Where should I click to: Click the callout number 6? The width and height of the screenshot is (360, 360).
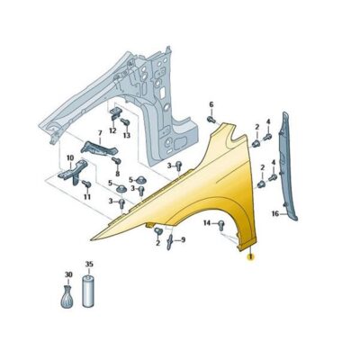tap(211, 104)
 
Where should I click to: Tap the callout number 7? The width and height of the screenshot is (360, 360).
tap(100, 132)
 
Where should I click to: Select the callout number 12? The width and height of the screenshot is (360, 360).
tap(112, 130)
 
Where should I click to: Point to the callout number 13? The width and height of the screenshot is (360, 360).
tap(127, 136)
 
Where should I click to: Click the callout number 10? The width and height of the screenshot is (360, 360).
tap(70, 157)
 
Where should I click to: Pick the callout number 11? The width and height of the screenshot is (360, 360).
tap(87, 197)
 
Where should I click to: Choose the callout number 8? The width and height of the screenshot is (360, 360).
tap(117, 174)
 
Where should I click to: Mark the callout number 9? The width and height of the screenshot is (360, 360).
tap(183, 239)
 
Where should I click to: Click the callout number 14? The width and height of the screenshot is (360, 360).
tap(207, 223)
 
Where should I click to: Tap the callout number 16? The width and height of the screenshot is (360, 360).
tap(275, 214)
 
